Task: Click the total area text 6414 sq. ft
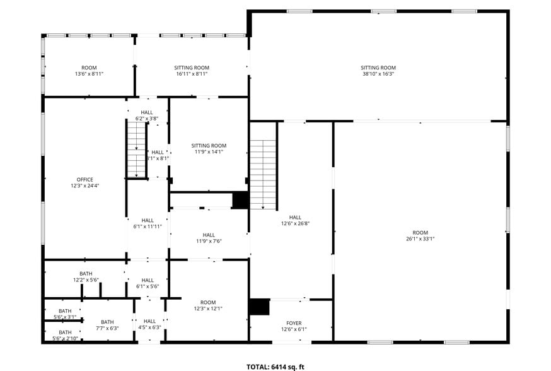(275, 366)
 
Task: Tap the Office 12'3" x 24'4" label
(85, 183)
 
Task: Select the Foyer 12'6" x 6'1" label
(294, 325)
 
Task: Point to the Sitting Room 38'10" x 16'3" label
(378, 71)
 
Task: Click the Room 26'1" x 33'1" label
(420, 235)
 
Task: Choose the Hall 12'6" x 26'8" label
(295, 220)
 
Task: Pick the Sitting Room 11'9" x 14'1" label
(209, 148)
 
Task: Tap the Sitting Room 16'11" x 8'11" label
(192, 71)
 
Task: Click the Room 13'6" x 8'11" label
(89, 71)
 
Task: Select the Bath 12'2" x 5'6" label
(86, 276)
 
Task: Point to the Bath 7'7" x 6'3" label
(107, 325)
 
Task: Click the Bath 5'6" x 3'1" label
(65, 314)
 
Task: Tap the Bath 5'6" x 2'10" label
(65, 335)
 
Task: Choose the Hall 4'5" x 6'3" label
(149, 324)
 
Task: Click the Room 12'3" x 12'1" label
(208, 305)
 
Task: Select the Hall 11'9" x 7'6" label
(209, 237)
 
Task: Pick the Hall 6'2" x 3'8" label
(147, 115)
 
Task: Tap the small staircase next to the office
(136, 150)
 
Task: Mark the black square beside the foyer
(259, 307)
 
